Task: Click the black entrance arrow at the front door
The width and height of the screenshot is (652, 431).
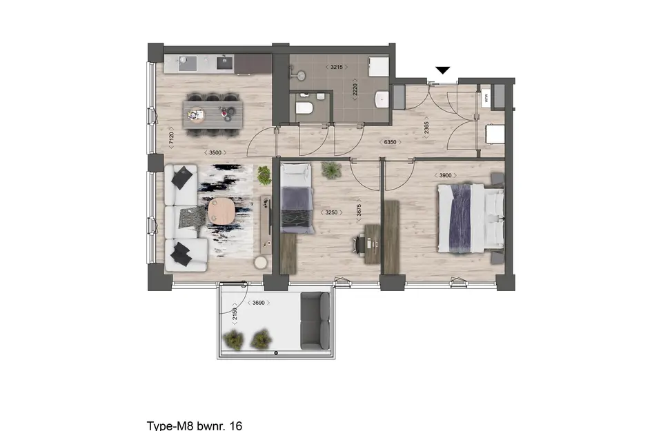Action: click(443, 70)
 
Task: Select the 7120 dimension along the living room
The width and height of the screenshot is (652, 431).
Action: click(170, 138)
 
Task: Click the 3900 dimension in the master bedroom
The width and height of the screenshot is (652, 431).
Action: click(446, 175)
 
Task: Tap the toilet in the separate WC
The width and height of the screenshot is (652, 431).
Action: click(304, 108)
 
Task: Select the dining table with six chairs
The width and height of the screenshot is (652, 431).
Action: click(213, 112)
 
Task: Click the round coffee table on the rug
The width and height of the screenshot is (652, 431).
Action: click(221, 213)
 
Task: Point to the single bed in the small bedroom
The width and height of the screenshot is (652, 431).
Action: click(297, 200)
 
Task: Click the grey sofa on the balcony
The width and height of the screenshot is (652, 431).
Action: click(316, 320)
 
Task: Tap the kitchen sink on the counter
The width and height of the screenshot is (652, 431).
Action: click(225, 63)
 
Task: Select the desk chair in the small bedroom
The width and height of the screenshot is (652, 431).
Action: click(359, 242)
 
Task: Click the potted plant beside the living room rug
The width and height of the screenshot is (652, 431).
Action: click(264, 174)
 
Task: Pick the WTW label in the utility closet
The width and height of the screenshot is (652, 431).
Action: click(485, 97)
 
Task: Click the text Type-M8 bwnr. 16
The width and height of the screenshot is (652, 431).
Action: click(195, 425)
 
